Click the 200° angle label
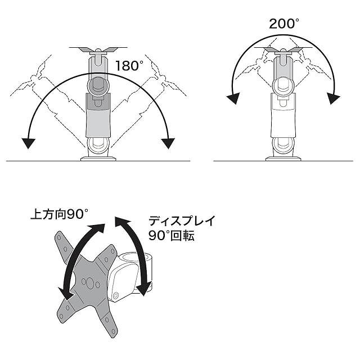(284, 24)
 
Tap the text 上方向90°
(60, 214)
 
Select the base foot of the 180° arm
(98, 157)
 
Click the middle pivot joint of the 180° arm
(98, 85)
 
